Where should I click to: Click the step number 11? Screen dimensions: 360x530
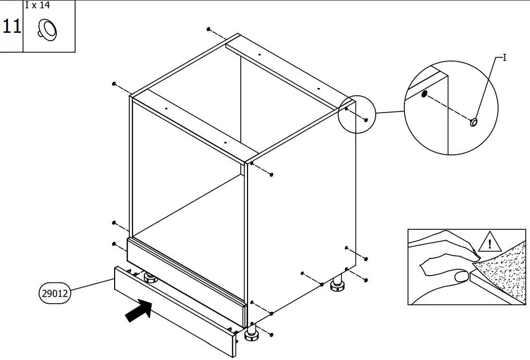[x=11, y=26]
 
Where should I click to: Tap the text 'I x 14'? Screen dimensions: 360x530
[x=37, y=6]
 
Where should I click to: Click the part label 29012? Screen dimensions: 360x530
[x=55, y=293]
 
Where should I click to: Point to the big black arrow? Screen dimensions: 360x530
[x=139, y=312]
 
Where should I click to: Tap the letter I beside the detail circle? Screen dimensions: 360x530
[x=504, y=58]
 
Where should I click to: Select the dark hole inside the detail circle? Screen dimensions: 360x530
[x=424, y=94]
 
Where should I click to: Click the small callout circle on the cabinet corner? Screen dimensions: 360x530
[x=356, y=113]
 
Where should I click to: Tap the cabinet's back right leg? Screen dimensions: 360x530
[x=337, y=285]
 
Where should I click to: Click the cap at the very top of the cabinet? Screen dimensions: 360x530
[x=208, y=29]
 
